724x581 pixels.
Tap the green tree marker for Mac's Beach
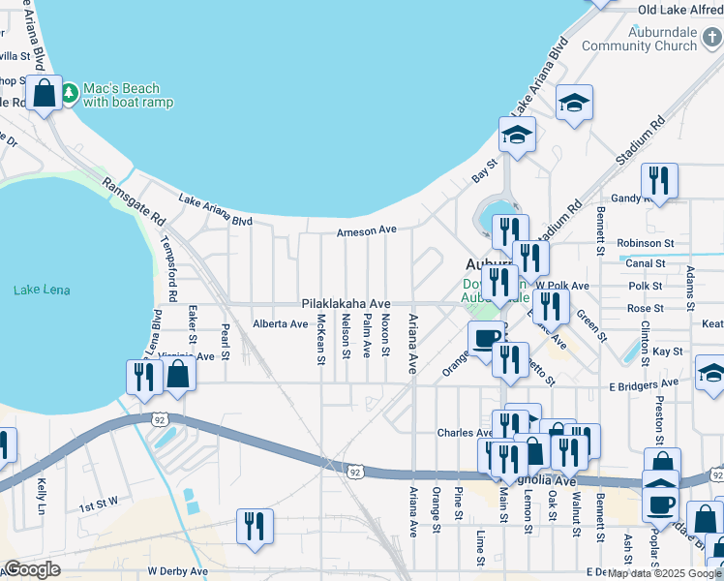point(71,93)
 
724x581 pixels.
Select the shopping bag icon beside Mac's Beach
point(44,94)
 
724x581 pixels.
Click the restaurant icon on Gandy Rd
point(658,180)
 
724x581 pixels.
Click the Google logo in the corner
point(32,569)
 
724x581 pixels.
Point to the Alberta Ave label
point(280,323)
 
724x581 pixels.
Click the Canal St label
point(647,262)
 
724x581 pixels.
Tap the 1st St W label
point(98,505)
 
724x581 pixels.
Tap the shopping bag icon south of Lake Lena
point(178,376)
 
